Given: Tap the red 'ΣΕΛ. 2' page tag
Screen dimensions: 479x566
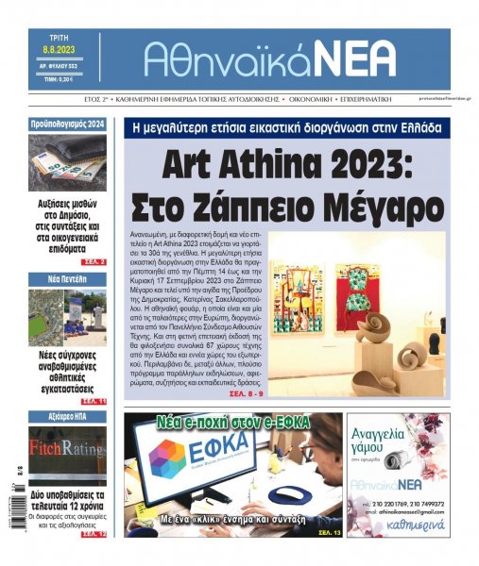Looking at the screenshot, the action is tap(93, 261).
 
